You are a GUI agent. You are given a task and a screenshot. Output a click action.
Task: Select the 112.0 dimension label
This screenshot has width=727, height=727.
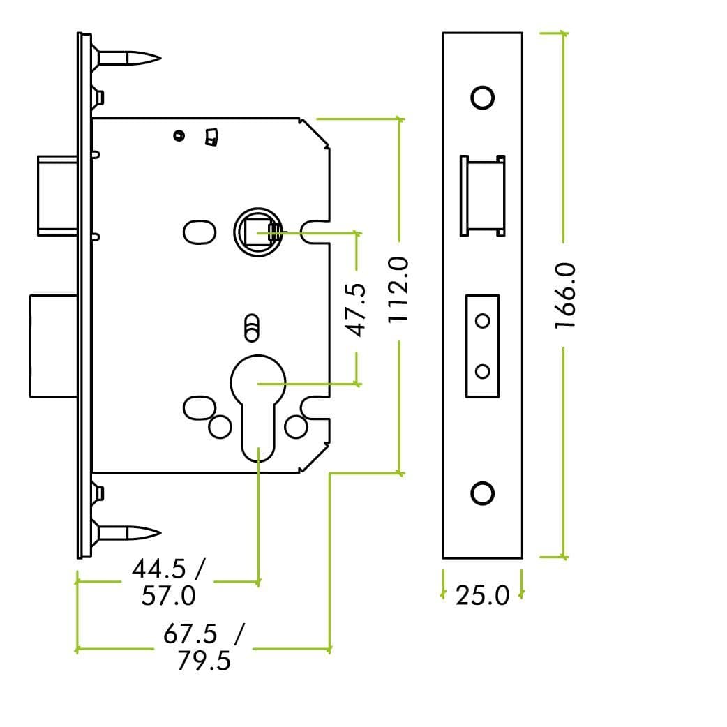398,289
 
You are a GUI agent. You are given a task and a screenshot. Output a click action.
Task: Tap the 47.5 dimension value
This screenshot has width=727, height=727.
357,308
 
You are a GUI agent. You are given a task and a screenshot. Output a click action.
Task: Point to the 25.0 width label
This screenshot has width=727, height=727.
482,596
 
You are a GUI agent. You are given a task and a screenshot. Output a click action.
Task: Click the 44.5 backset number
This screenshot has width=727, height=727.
159,569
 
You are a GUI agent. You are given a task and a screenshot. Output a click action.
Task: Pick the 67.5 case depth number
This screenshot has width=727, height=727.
190,634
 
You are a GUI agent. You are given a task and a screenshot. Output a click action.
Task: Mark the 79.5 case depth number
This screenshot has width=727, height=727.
203,660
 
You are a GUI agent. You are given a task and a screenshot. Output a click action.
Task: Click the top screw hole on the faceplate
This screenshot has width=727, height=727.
482,98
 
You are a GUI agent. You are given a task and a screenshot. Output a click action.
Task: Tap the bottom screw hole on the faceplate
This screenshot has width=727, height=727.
482,493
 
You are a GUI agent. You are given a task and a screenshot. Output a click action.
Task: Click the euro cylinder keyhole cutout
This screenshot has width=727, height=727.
258,405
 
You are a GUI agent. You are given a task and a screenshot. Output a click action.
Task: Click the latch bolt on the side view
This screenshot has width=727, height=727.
56,195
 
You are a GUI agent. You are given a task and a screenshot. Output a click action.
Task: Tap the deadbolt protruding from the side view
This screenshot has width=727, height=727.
54,345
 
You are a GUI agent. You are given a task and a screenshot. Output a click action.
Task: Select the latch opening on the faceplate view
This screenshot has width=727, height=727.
482,196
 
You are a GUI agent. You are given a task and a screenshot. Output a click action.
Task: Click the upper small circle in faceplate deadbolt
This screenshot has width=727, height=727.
482,320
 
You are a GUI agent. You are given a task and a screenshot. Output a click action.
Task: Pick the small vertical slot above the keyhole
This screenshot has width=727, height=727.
252,328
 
